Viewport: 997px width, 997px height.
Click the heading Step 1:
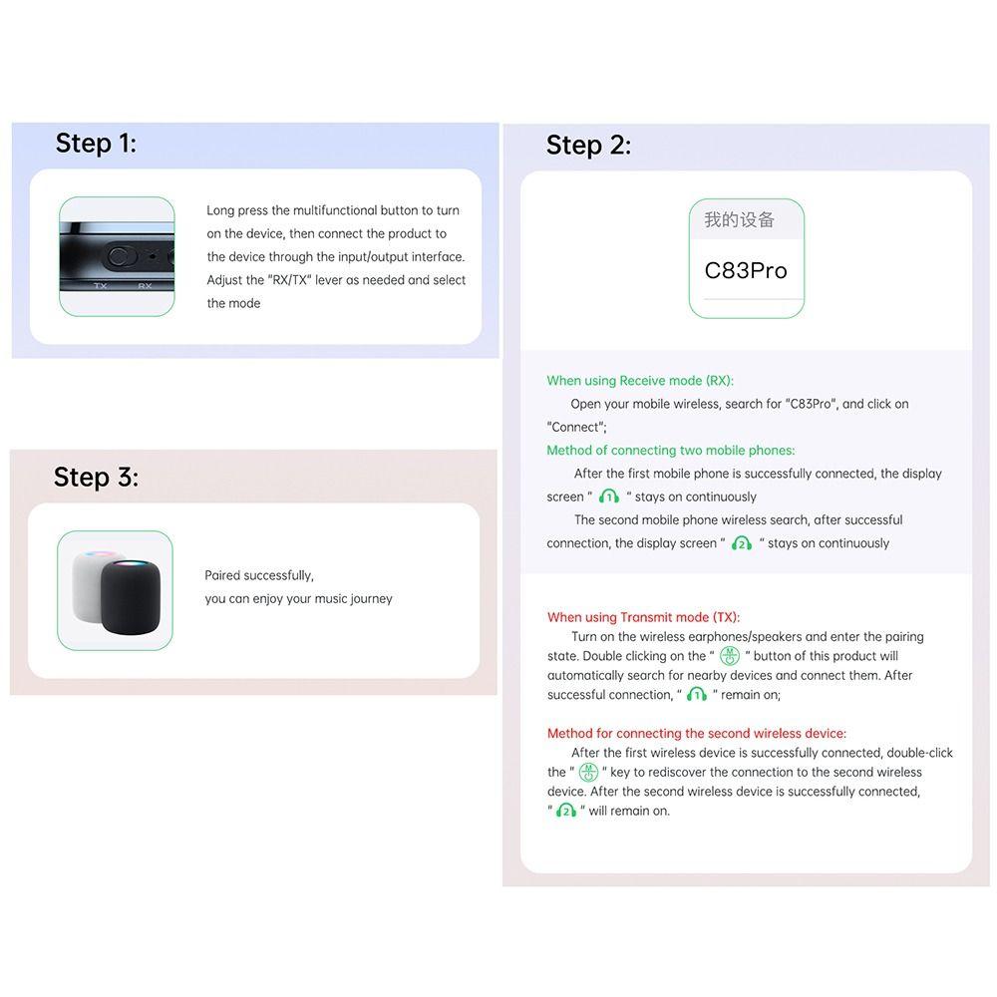coord(96,144)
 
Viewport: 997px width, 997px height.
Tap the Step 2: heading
coord(588,146)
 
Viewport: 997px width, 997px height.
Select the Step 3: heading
coord(96,478)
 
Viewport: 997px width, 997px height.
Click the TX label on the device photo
coord(100,286)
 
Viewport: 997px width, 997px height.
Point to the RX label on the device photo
coord(145,286)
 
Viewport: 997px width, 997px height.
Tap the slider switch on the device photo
coord(122,256)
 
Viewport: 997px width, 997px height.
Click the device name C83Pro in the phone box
coord(746,270)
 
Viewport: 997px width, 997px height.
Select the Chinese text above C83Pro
coord(739,220)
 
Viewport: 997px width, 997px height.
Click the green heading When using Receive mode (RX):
coord(639,381)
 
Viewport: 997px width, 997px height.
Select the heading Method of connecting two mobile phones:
coord(670,451)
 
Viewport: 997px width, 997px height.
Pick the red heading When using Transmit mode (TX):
coord(643,617)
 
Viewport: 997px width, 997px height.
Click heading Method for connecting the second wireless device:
coord(696,734)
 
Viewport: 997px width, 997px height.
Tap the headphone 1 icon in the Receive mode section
coord(609,497)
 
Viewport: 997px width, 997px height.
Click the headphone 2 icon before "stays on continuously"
coord(741,543)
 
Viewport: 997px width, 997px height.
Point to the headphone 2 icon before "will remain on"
coord(566,811)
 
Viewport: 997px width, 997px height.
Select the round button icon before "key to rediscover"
coord(588,773)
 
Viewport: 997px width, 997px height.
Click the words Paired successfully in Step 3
coord(258,575)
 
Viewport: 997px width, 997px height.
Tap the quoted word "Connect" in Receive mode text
coord(576,427)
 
